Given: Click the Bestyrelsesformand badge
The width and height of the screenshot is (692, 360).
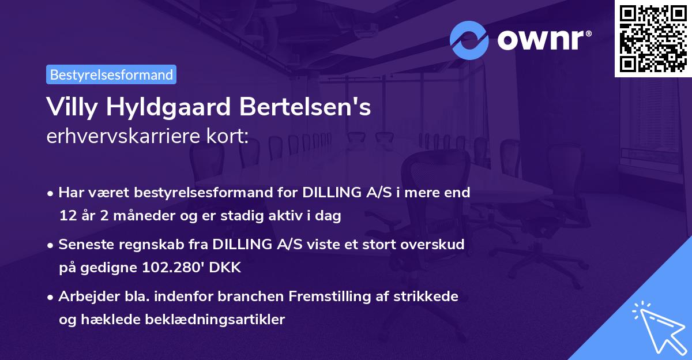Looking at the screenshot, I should tap(111, 74).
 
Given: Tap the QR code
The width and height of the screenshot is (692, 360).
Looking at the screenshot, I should tap(653, 38).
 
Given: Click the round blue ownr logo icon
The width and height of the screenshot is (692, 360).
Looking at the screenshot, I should tap(469, 40).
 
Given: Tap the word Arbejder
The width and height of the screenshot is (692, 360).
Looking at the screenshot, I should tap(84, 297).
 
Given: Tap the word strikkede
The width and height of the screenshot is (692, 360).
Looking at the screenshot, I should tap(430, 297).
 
